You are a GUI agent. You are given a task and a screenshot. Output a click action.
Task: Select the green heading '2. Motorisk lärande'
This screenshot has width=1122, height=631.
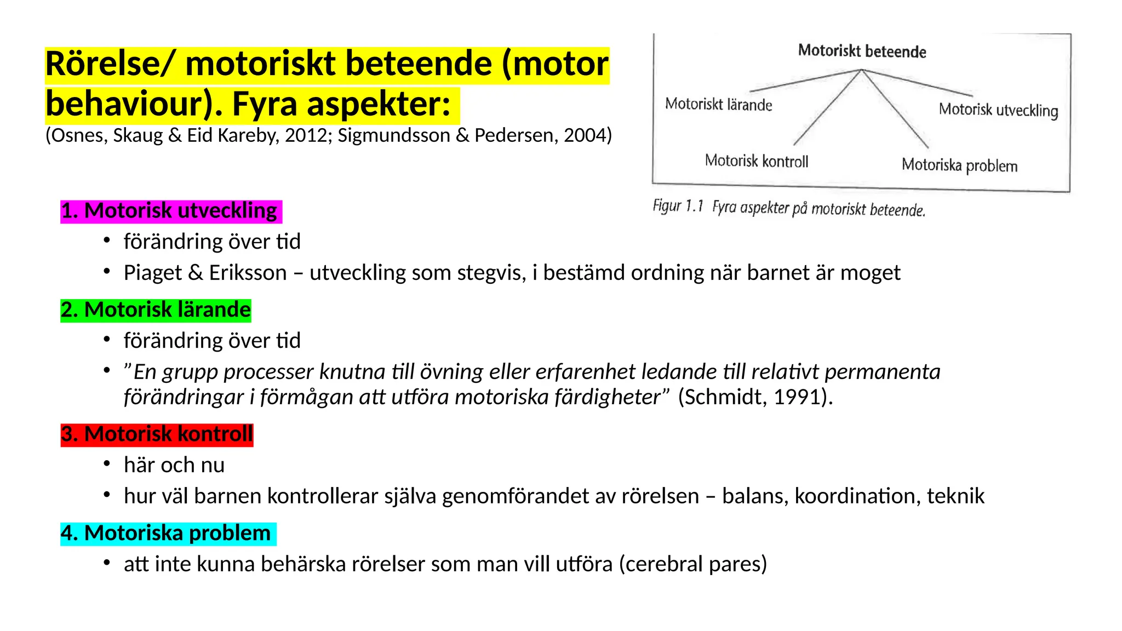(156, 310)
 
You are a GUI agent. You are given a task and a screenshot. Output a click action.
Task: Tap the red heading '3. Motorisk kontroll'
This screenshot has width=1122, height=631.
(157, 434)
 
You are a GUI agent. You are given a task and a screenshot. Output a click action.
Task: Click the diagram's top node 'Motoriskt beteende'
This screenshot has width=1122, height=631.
(862, 51)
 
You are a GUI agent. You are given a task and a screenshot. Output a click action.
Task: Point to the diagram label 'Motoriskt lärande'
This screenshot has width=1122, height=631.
(718, 104)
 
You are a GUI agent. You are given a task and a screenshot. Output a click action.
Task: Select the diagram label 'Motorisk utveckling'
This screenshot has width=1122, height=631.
(998, 110)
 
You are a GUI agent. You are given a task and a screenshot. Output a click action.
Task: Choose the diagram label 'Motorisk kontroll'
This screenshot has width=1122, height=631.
(756, 161)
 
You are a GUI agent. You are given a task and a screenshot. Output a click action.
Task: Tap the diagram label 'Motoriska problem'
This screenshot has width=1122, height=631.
(959, 165)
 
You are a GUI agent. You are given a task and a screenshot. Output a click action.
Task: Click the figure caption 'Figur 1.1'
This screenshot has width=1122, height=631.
(678, 206)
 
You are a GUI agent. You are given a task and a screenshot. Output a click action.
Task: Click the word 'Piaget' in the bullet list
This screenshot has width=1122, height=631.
(152, 273)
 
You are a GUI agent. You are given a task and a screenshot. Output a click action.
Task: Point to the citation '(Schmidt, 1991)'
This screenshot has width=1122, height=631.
(755, 397)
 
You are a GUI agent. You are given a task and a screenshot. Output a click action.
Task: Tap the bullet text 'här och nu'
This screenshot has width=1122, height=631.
(174, 465)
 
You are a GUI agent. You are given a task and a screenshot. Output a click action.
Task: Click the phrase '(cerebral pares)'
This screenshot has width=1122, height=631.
(693, 564)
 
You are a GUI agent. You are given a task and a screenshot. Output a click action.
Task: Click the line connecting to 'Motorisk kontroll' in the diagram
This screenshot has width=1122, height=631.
(827, 108)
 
